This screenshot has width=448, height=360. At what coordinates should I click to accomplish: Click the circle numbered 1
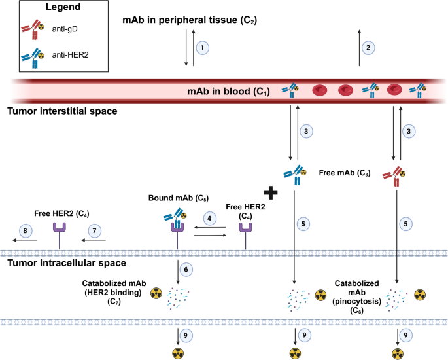(x=203, y=48)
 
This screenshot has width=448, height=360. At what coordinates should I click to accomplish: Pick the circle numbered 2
(x=370, y=47)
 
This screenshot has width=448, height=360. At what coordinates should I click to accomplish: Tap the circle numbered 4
(x=209, y=216)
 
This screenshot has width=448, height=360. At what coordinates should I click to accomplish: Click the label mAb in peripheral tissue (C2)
(x=189, y=20)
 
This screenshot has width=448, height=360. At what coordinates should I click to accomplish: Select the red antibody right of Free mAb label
(x=397, y=174)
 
